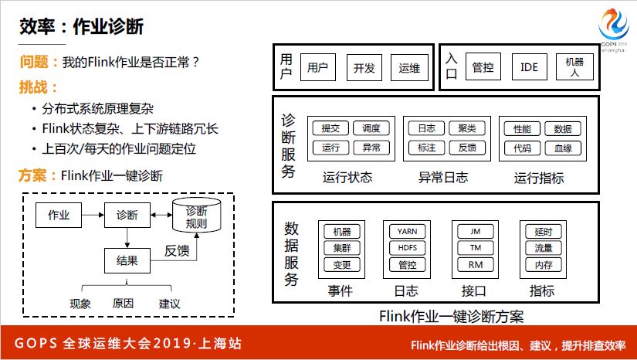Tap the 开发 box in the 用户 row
pyautogui.click(x=364, y=68)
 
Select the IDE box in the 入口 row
pyautogui.click(x=529, y=68)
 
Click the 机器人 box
pyautogui.click(x=575, y=67)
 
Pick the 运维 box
pyautogui.click(x=409, y=68)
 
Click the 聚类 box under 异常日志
pyautogui.click(x=467, y=129)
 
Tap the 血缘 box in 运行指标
pyautogui.click(x=563, y=148)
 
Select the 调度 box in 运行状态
pyautogui.click(x=371, y=129)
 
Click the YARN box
pyautogui.click(x=407, y=231)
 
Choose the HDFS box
pyautogui.click(x=407, y=248)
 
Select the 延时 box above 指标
pyautogui.click(x=544, y=231)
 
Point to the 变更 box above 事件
pyautogui.click(x=341, y=265)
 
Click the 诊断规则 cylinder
pyautogui.click(x=197, y=216)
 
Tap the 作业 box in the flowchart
pyautogui.click(x=59, y=215)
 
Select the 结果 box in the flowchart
pyautogui.click(x=127, y=261)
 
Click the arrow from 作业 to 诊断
pyautogui.click(x=92, y=215)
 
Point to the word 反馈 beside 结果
pyautogui.click(x=177, y=252)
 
